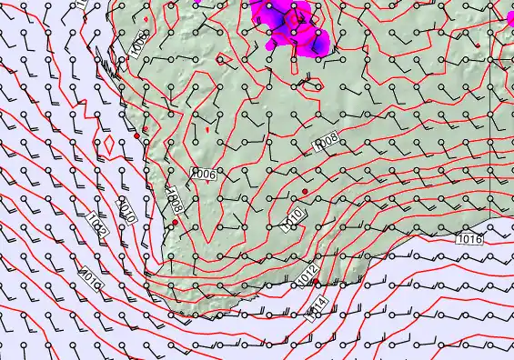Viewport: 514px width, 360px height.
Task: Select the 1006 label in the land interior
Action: (x=205, y=174)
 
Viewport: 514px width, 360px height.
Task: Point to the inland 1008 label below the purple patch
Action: (x=326, y=143)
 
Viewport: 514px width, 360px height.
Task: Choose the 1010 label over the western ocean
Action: (x=127, y=211)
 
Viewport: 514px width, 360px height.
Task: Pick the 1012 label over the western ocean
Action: (x=98, y=225)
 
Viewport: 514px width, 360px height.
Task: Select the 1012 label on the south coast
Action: (x=307, y=272)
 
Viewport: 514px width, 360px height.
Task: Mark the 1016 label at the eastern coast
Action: (x=469, y=238)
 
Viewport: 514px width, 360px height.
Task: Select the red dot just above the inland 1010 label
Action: (x=305, y=191)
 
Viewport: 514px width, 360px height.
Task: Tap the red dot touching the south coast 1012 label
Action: (x=314, y=284)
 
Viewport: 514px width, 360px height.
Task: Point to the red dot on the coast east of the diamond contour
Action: (x=136, y=135)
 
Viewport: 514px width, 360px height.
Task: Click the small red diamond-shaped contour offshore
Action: (x=109, y=143)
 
